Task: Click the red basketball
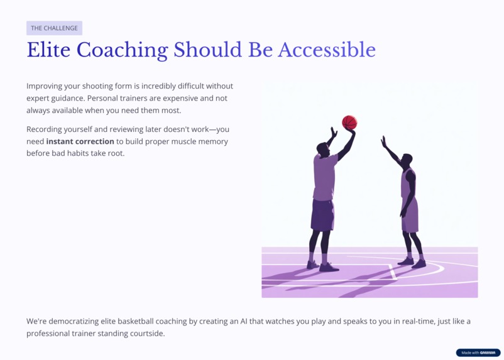click(349, 122)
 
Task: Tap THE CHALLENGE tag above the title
click(54, 28)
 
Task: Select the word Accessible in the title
click(327, 50)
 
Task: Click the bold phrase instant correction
click(80, 141)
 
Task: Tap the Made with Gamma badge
click(478, 352)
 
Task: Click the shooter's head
click(323, 148)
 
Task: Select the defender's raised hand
click(383, 141)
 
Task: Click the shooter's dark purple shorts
click(322, 215)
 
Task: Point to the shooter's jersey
click(325, 178)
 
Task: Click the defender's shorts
click(410, 217)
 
